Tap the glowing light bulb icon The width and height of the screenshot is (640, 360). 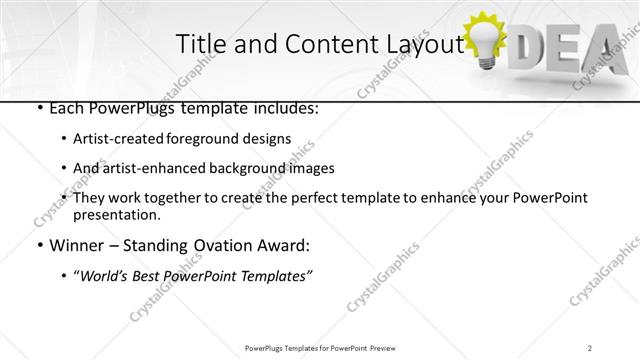[489, 41]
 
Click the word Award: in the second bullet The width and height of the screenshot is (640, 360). [285, 245]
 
